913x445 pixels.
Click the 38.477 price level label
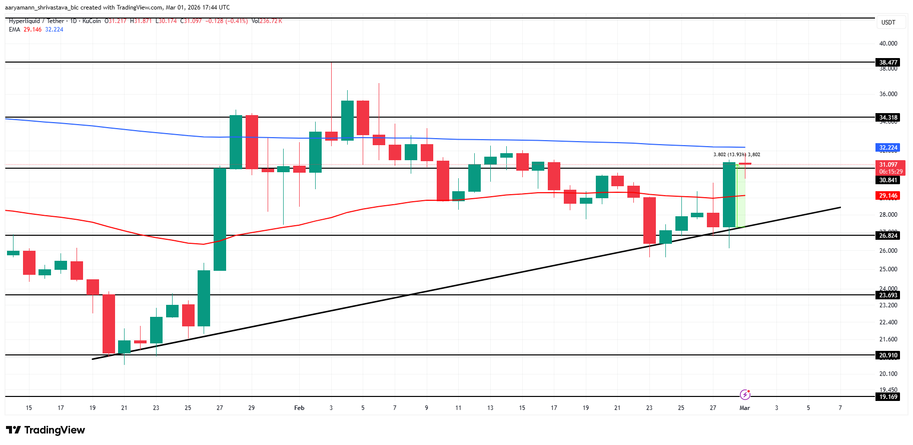888,63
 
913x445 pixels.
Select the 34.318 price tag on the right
888,118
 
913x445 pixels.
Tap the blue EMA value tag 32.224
888,148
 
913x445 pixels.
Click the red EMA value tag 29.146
888,196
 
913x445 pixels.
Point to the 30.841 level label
888,180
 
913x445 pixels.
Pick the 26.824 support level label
888,236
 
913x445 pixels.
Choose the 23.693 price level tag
888,295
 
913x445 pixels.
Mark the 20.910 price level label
888,355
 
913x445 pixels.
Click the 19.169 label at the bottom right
888,397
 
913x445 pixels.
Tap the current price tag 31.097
889,165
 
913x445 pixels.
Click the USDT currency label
888,23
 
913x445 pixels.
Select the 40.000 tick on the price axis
888,44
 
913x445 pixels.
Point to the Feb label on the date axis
299,408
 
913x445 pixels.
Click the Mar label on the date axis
744,408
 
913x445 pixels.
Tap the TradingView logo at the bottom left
46,430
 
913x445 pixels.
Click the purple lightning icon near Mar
745,394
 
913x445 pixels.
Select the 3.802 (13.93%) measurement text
729,155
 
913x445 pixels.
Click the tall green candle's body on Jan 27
220,219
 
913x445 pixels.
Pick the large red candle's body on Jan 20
109,324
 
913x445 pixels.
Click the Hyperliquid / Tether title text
37,21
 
